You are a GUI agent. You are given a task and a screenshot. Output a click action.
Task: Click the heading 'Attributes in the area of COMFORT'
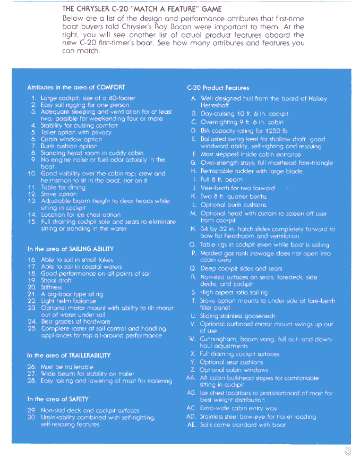pos(76,88)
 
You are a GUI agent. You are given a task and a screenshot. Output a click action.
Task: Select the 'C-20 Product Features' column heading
pos(218,88)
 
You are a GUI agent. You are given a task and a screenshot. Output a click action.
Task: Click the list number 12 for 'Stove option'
pos(32,194)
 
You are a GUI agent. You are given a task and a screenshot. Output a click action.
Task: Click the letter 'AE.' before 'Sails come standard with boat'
pos(191,425)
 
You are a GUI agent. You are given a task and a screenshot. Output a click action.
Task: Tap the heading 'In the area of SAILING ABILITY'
pos(70,249)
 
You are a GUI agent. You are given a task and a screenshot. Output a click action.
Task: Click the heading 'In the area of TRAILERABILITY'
pos(68,355)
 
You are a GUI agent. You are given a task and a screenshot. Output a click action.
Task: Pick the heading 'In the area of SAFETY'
pos(58,399)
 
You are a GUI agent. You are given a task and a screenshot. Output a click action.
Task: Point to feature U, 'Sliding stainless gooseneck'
pos(237,316)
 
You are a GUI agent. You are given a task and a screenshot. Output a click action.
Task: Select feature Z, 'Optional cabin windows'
pos(234,370)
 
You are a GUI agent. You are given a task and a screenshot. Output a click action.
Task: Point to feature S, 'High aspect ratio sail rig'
pos(234,293)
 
